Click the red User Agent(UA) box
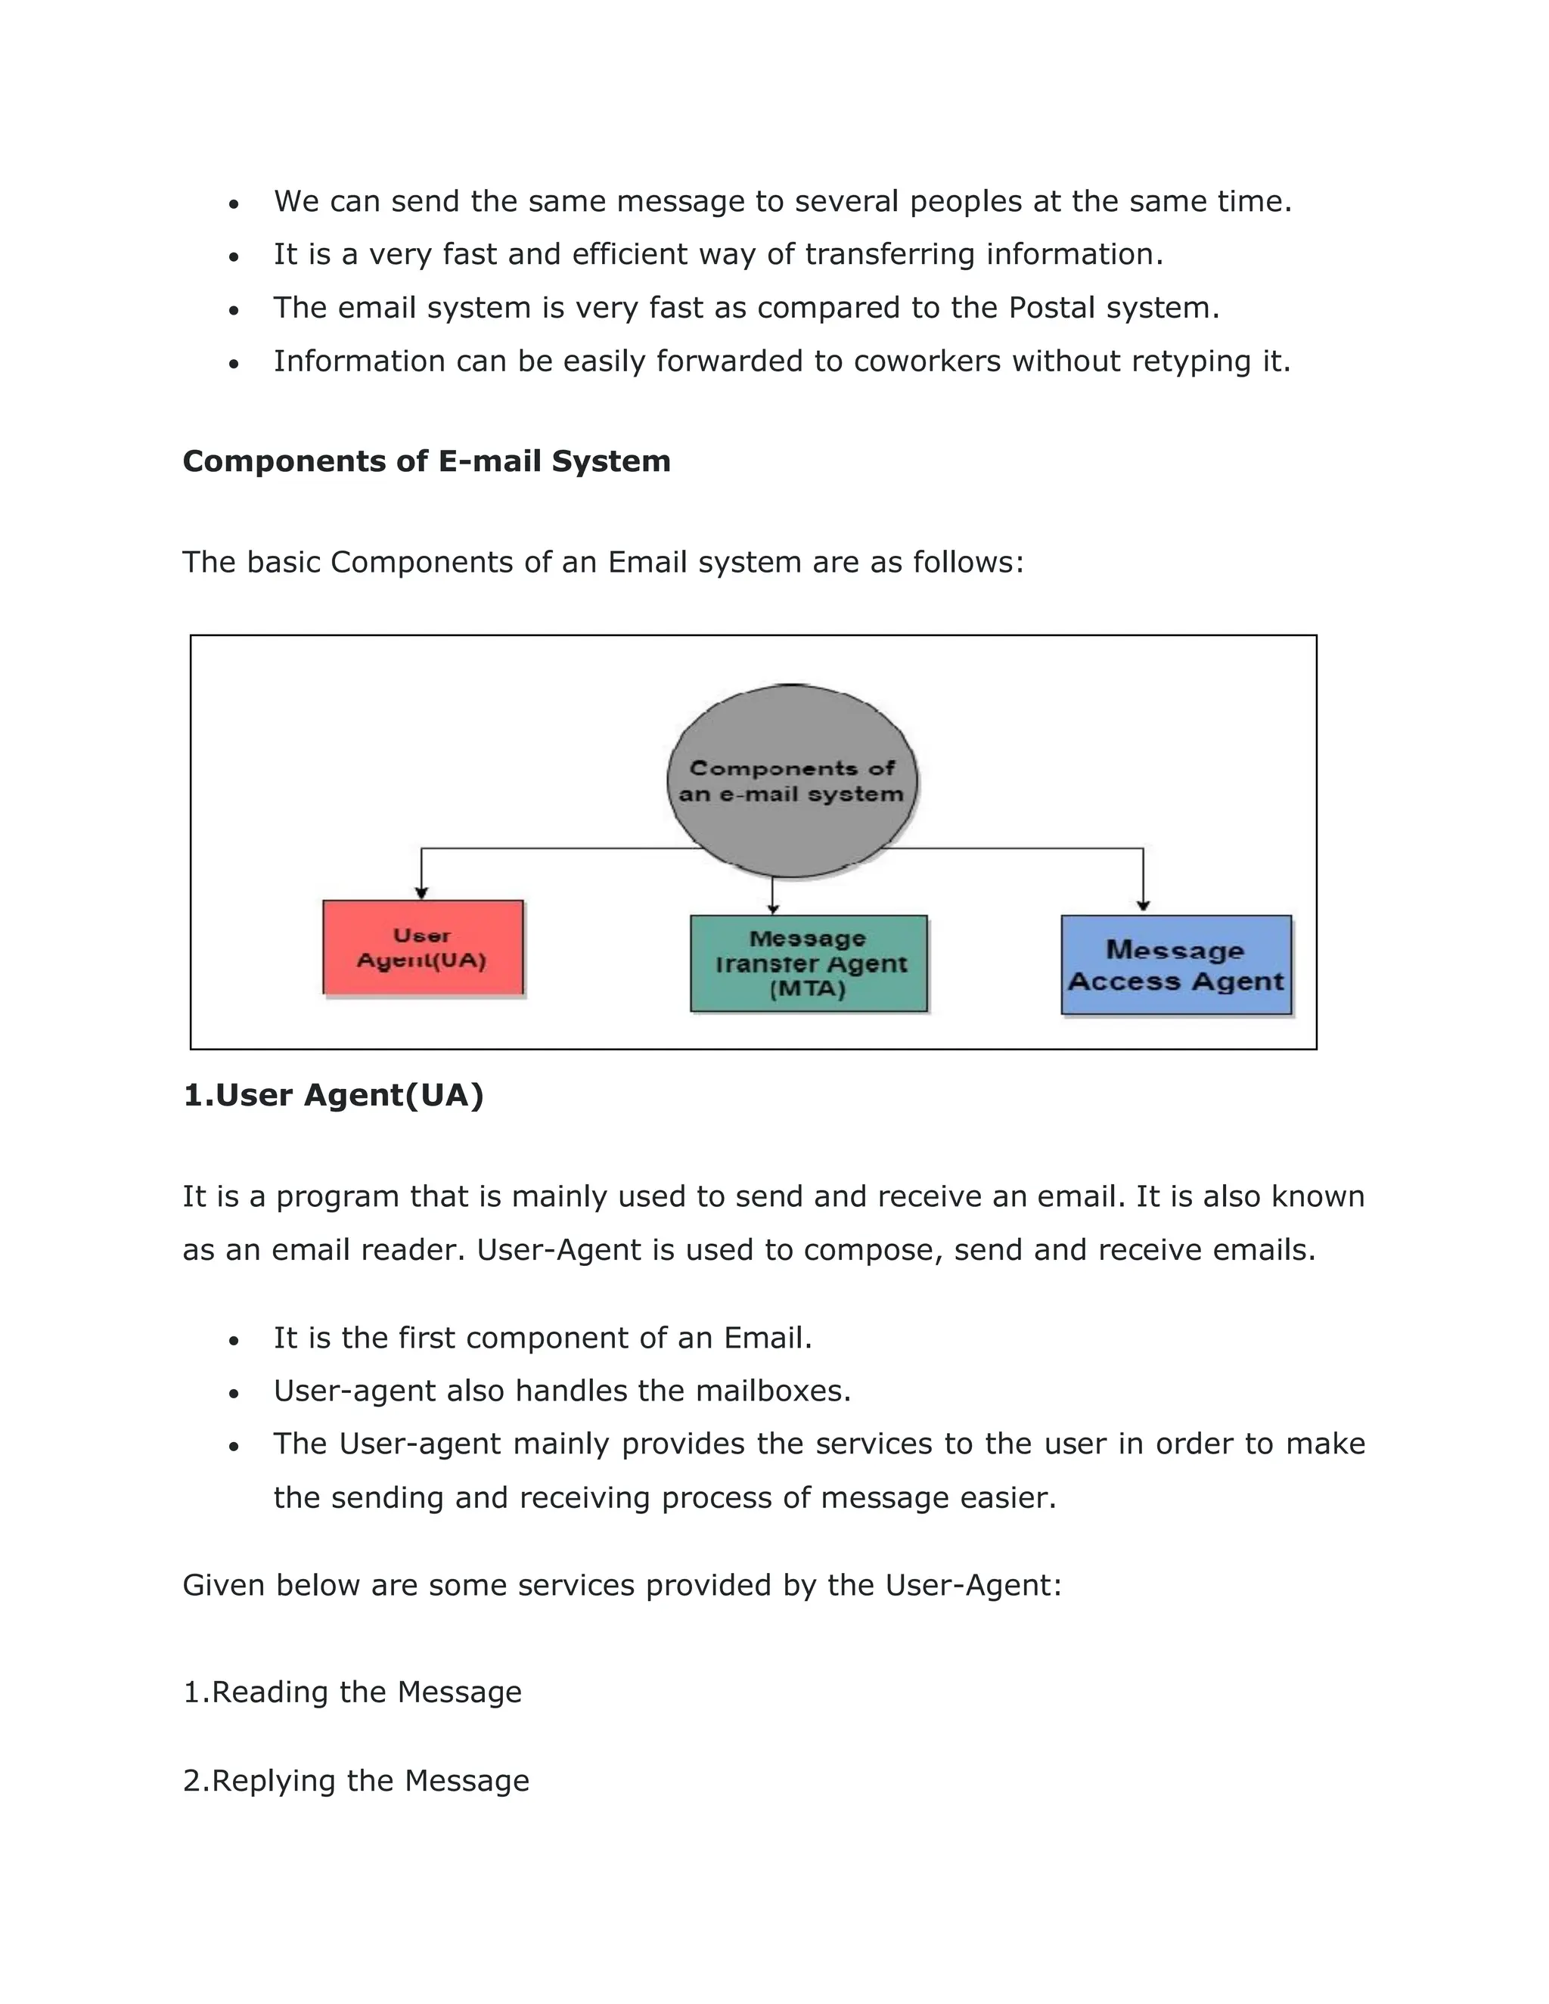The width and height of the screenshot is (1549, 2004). pos(423,947)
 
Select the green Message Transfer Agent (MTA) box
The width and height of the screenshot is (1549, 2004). pos(809,963)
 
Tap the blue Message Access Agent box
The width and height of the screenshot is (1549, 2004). pos(1175,964)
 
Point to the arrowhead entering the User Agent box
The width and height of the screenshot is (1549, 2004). pos(421,893)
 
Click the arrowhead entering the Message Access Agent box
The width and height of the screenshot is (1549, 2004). pos(1143,907)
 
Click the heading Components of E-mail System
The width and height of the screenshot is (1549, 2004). pos(427,461)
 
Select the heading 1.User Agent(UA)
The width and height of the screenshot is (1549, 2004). pos(333,1095)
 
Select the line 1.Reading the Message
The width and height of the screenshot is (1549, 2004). pos(352,1692)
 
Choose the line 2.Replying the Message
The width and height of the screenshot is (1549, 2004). pos(356,1781)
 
